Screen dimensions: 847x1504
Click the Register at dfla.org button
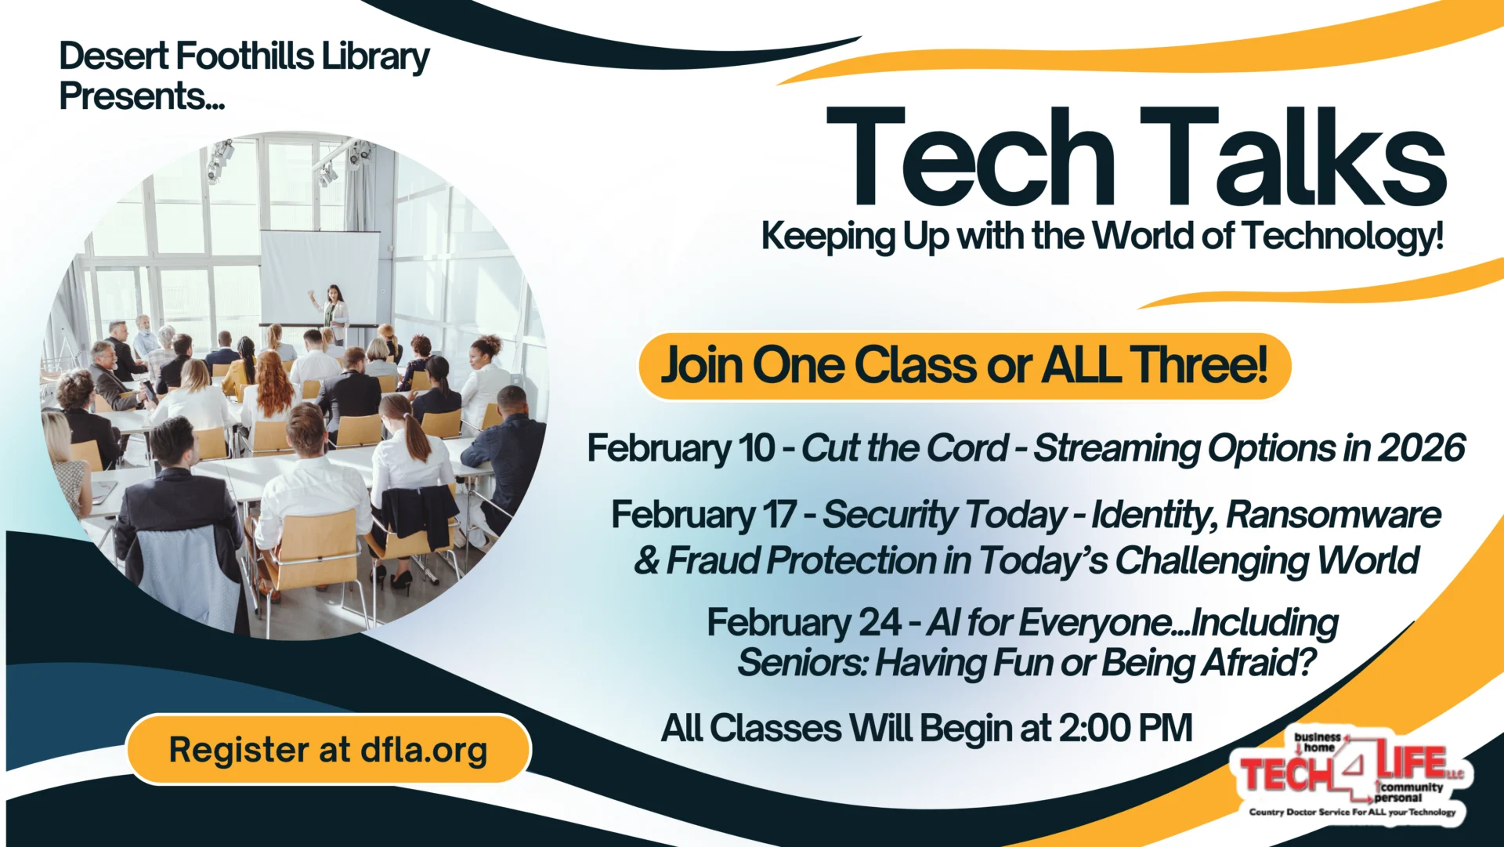328,750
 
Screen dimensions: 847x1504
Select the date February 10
681,449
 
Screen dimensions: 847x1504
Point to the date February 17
703,516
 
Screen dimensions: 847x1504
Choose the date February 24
804,623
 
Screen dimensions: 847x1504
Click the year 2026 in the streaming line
1421,448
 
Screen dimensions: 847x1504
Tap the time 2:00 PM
1126,728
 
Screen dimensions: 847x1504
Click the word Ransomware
1333,516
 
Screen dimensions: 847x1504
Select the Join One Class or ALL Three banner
964,366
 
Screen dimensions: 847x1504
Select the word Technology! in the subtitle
1342,236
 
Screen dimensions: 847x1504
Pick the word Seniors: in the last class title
802,663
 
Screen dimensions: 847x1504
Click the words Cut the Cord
904,448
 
